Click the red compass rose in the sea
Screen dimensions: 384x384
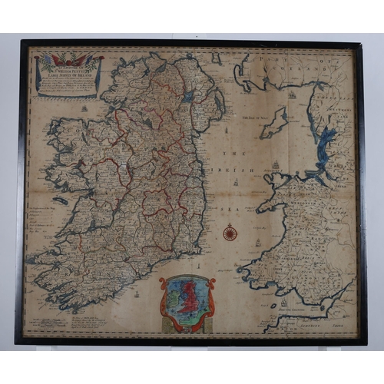point(229,232)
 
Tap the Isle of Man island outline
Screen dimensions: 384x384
point(274,121)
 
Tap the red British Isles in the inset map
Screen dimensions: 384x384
point(187,293)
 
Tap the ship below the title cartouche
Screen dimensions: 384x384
point(83,108)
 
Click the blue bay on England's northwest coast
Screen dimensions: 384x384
point(327,143)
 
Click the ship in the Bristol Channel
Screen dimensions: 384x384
point(283,302)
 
